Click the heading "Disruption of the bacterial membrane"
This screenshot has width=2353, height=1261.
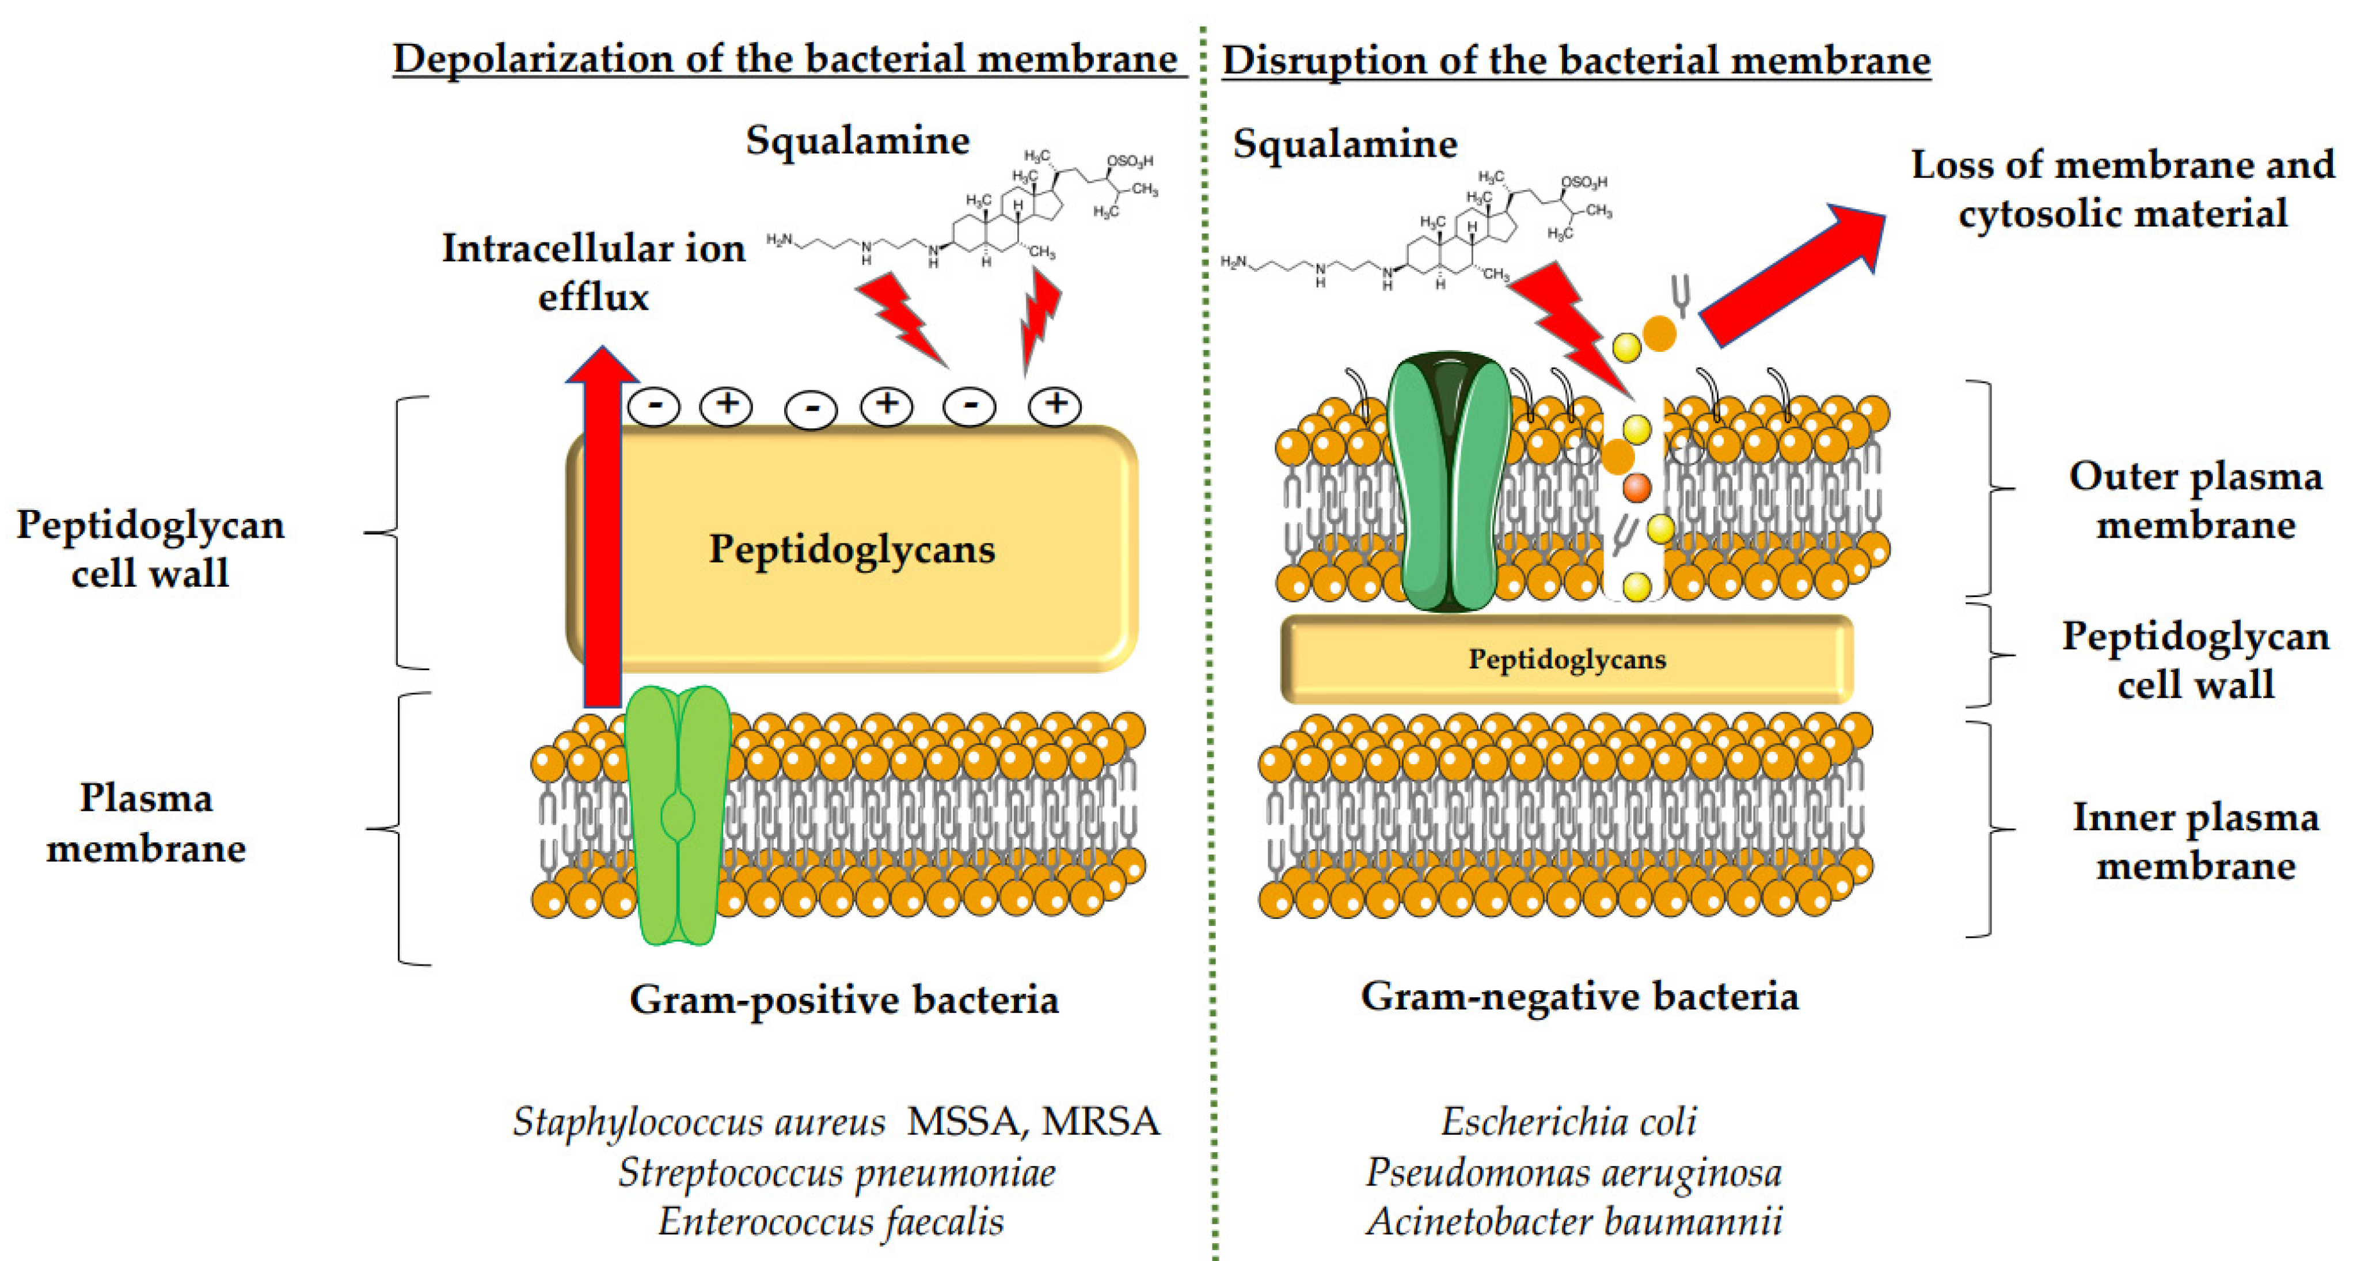click(x=1576, y=61)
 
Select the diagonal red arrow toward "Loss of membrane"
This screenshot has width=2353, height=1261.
click(x=1791, y=274)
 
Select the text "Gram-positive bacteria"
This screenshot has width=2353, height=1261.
click(x=844, y=999)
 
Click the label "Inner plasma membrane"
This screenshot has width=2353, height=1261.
click(x=2195, y=841)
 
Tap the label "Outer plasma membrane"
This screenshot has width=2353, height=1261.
click(x=2195, y=500)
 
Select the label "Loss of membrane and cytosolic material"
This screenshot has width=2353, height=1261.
click(x=2122, y=189)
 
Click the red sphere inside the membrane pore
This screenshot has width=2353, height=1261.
click(x=1637, y=487)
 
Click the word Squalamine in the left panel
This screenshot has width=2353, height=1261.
click(x=857, y=140)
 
